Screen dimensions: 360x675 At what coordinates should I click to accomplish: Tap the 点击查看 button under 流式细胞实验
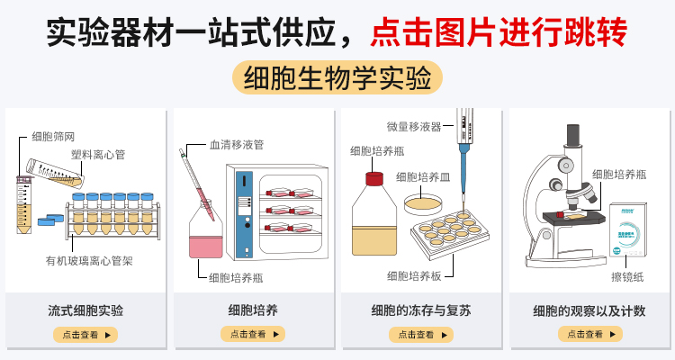85,334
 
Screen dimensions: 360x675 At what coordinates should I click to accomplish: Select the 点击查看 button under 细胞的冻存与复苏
421,334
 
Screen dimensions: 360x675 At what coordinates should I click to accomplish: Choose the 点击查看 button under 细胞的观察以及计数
589,334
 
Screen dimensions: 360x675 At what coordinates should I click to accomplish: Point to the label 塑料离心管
98,155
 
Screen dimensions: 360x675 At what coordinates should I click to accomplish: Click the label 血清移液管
236,144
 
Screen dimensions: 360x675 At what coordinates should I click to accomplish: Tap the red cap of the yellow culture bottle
373,177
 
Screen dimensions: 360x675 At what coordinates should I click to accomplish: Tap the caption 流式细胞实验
85,310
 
